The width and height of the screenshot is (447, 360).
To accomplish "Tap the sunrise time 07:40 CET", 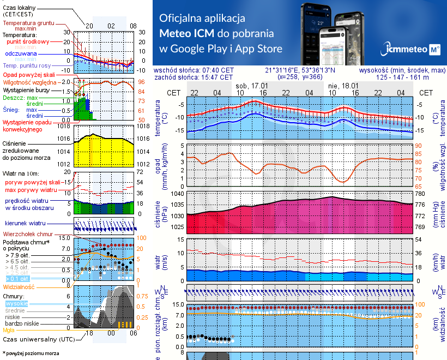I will (214, 70).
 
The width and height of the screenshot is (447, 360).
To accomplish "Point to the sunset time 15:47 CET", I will (214, 77).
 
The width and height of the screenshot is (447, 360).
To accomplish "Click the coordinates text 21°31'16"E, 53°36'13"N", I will (300, 70).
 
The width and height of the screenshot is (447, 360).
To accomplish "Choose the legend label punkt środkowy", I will (27, 41).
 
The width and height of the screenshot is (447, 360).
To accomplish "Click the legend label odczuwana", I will (21, 54).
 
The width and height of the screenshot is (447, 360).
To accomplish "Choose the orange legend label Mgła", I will (9, 330).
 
